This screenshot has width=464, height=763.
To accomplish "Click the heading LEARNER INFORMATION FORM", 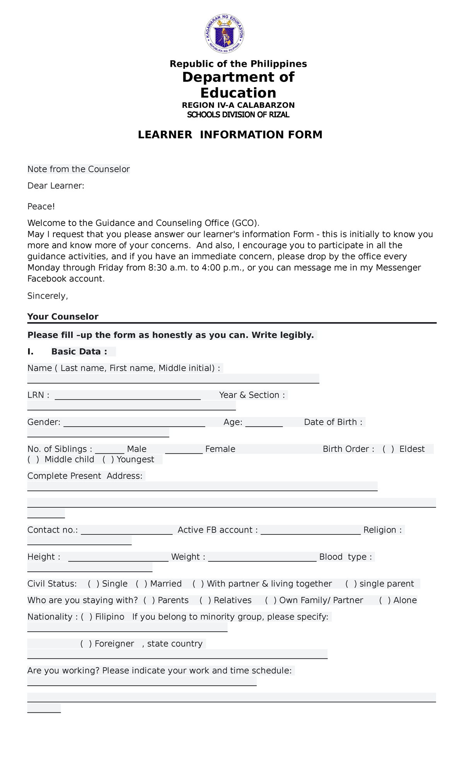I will coord(230,135).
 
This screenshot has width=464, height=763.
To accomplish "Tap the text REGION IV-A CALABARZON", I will coord(238,105).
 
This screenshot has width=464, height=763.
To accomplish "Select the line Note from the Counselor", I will coord(78,169).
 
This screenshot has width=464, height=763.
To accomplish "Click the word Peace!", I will coord(41,207).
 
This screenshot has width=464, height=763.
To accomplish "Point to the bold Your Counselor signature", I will coord(63,317).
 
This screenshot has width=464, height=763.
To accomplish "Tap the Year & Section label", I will coord(252,395).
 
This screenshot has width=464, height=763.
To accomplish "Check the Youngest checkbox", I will coord(108,459).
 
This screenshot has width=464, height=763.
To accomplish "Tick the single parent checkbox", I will coord(351,584).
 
